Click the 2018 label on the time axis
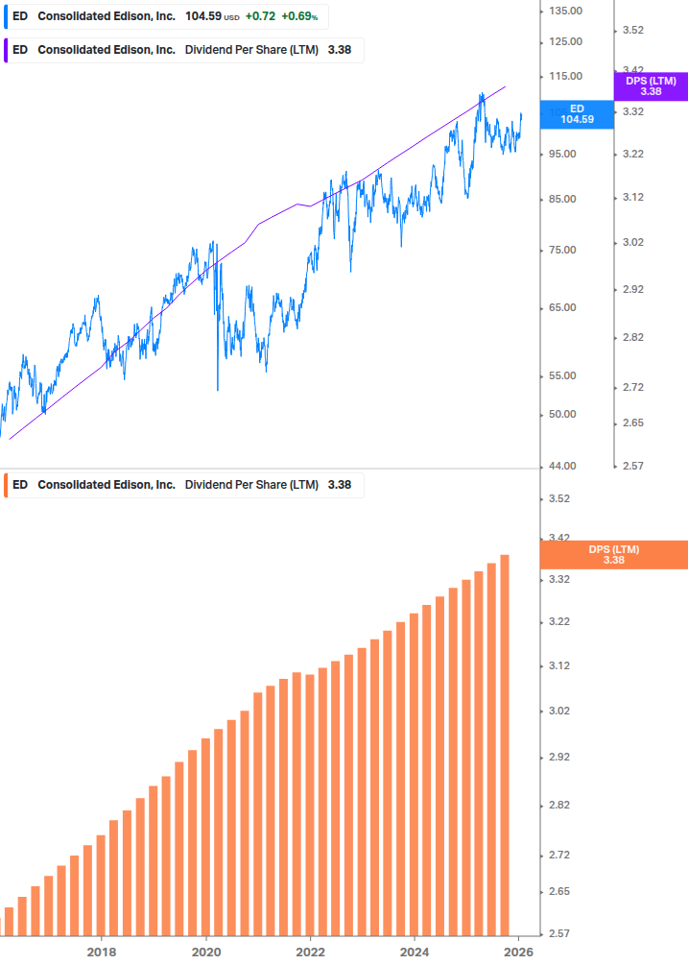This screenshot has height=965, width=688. (x=102, y=953)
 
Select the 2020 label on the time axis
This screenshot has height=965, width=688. (x=206, y=953)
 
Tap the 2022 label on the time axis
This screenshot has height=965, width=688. (x=310, y=953)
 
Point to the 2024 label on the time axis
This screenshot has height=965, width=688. (x=414, y=953)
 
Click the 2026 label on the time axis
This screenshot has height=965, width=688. (x=518, y=953)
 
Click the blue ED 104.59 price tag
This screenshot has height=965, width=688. (x=577, y=114)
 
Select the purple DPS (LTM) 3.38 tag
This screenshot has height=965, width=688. (x=651, y=86)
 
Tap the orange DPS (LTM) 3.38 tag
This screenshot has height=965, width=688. (x=614, y=555)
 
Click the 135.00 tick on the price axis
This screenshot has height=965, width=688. (x=565, y=11)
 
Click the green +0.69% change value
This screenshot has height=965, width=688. (x=299, y=17)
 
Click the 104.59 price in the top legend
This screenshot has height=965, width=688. (x=202, y=17)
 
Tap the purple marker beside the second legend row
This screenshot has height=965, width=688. (x=6, y=50)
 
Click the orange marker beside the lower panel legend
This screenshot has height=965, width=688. (x=6, y=485)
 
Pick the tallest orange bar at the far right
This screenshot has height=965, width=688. (x=505, y=744)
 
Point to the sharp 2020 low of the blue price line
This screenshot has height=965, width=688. (x=218, y=389)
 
